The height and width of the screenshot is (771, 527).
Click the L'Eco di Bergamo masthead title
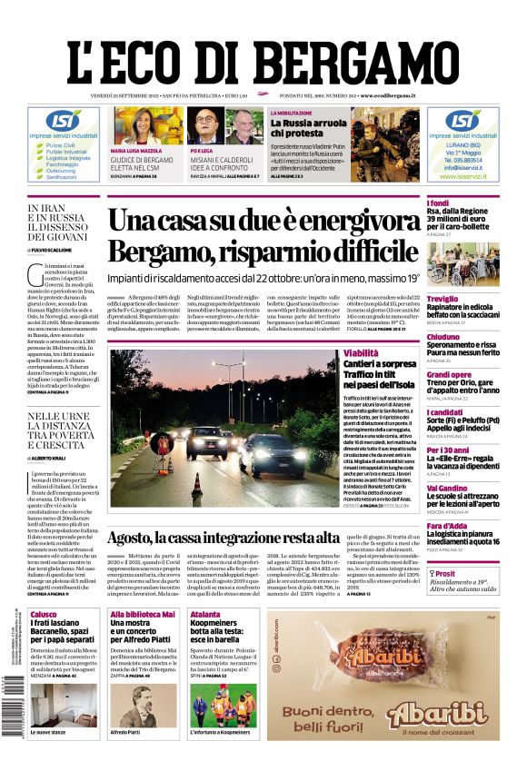point(263,56)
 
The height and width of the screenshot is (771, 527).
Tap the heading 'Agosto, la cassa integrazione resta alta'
point(263,538)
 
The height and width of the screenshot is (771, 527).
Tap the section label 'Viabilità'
point(361,352)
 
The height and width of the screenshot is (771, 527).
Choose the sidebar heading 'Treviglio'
point(442,299)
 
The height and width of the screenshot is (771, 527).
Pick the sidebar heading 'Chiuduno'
point(443,337)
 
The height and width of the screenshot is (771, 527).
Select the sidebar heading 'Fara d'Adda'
point(447,526)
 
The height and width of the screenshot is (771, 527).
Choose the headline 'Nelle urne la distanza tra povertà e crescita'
point(60,431)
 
